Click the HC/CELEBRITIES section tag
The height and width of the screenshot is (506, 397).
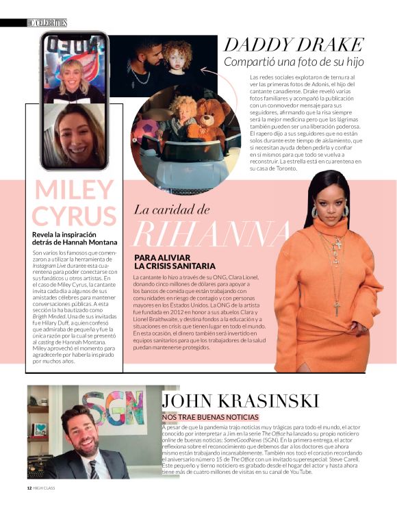(x=46, y=23)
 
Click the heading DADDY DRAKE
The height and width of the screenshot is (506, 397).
(x=294, y=45)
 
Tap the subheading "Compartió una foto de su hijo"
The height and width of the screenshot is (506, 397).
(x=294, y=62)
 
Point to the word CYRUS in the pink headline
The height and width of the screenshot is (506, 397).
(x=74, y=216)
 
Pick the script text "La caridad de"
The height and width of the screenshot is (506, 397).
(x=171, y=210)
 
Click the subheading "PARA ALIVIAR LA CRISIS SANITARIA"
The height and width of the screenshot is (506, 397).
(x=175, y=262)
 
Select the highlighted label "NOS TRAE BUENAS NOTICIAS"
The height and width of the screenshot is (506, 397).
(x=210, y=417)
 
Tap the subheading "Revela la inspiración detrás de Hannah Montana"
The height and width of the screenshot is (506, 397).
(x=75, y=238)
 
